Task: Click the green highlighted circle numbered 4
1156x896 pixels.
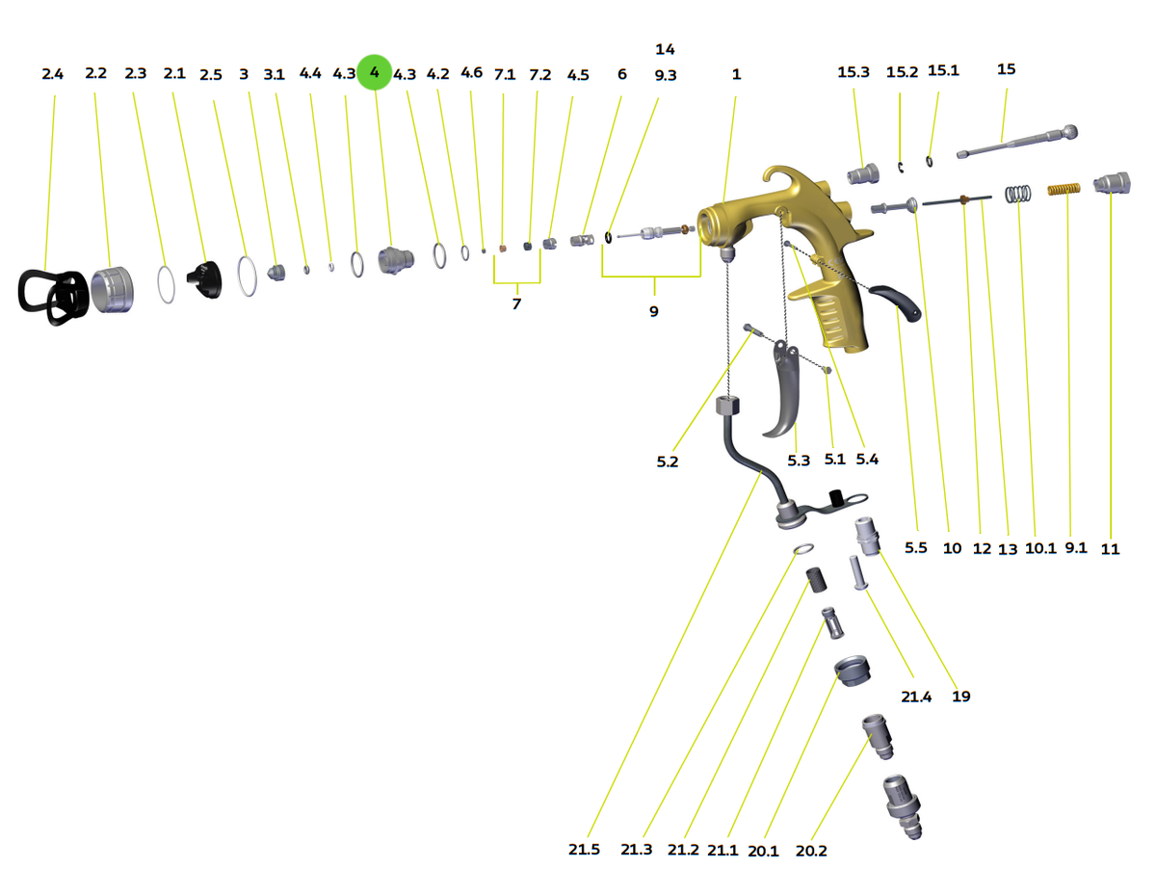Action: click(x=374, y=72)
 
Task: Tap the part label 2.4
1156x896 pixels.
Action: click(x=52, y=74)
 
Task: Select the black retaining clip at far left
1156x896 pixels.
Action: click(x=53, y=297)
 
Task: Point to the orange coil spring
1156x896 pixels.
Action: click(x=1064, y=189)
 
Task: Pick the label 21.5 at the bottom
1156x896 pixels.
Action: click(x=584, y=849)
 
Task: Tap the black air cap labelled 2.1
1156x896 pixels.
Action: click(x=205, y=279)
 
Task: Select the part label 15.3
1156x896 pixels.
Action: click(x=854, y=72)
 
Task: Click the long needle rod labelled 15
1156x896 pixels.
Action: click(x=1017, y=141)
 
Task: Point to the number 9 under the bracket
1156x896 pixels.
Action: click(x=654, y=311)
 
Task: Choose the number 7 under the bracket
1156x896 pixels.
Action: click(x=516, y=303)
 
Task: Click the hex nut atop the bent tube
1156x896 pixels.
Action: click(x=727, y=406)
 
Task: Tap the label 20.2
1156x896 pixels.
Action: click(x=811, y=851)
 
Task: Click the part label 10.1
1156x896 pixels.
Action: click(x=1040, y=548)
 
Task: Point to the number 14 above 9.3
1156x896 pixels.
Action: click(x=665, y=49)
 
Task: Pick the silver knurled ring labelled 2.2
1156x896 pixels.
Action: click(x=113, y=290)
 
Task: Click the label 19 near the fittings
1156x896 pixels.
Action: click(x=960, y=696)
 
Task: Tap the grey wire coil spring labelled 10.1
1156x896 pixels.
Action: click(x=1017, y=194)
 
